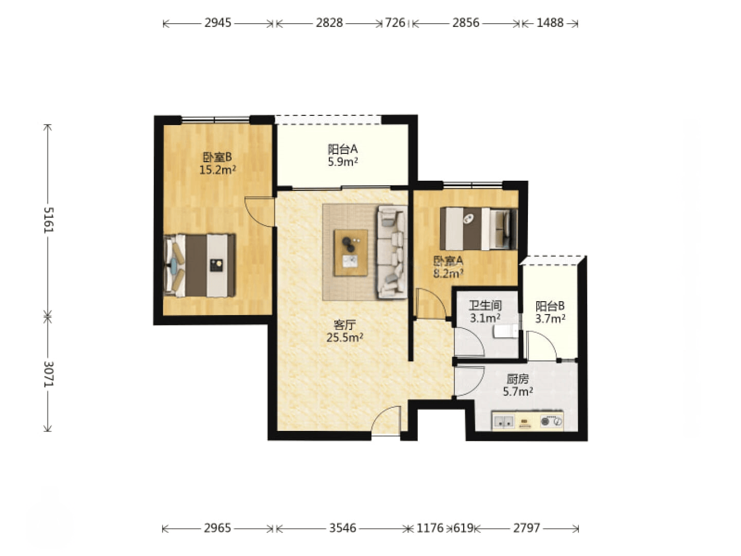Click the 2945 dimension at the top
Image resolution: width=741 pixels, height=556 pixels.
point(218,23)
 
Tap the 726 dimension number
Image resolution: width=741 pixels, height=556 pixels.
point(395,23)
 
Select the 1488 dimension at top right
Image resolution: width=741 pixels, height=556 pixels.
point(550,23)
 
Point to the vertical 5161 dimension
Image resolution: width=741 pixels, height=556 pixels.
point(48,220)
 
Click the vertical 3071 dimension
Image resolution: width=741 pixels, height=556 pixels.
point(48,374)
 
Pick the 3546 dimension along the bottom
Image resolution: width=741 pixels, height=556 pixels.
point(343,528)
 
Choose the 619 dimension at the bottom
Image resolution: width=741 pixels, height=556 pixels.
point(463,528)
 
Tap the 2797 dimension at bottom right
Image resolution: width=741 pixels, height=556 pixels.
point(526,528)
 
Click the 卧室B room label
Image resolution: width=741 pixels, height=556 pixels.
point(217,157)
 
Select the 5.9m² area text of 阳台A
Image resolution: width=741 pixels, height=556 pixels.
point(343,162)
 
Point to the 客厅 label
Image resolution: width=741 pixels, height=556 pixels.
point(344,325)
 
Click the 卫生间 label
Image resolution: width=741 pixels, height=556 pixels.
point(485,305)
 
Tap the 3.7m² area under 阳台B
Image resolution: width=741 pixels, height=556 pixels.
point(550,319)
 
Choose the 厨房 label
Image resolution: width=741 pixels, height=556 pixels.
point(518,379)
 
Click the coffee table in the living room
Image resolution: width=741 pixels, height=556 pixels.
point(351,253)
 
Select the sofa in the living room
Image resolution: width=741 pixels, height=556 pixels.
point(392,252)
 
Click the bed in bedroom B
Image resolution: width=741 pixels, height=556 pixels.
point(200,265)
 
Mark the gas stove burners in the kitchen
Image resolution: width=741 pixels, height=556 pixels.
point(551,421)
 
